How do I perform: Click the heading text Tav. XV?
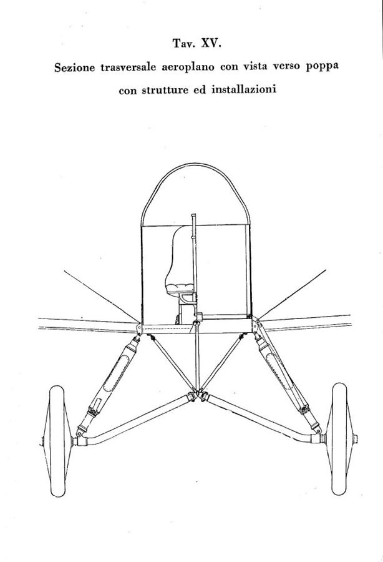197,44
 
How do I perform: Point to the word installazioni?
244,89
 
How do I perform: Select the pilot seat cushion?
181,288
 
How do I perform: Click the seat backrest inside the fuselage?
181,255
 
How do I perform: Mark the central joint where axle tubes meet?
196,395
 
